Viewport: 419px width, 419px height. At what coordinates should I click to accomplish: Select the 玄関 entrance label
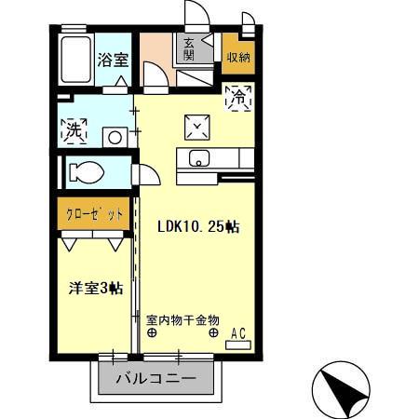189,48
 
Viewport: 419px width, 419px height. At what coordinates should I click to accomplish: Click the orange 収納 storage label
237,57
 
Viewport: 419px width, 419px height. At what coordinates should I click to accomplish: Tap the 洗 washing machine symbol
74,130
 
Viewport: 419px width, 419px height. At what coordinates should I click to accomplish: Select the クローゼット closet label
93,213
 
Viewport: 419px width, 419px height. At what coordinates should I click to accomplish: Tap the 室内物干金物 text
182,318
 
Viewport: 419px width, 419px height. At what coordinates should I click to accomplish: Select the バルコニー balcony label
155,380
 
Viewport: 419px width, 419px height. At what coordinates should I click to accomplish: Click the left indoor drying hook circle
152,332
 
